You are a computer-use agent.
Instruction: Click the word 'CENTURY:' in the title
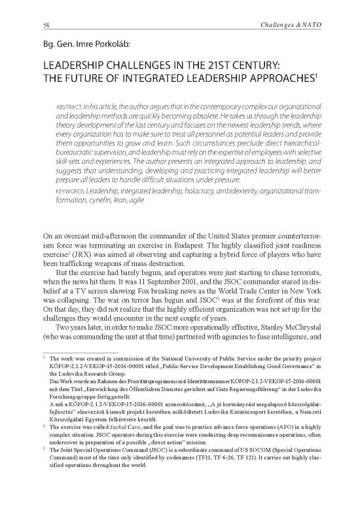(x=257, y=66)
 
